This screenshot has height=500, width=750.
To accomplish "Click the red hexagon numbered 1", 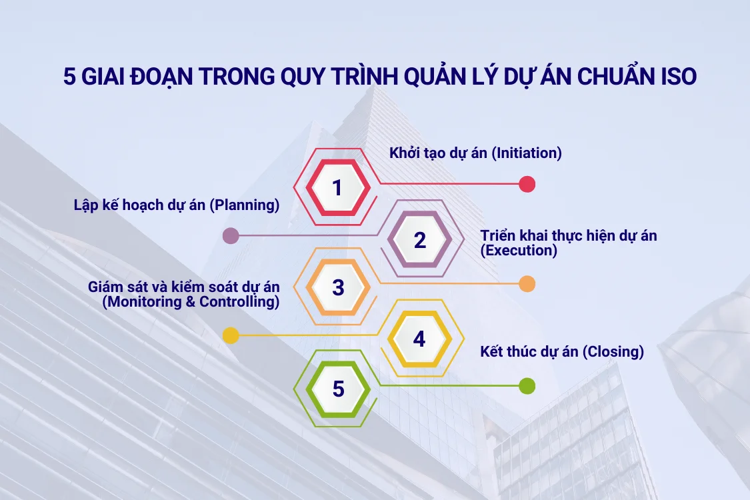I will (x=337, y=188).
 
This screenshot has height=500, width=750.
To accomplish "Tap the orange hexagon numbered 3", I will (x=338, y=287).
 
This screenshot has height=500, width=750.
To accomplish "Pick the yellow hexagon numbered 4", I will (x=419, y=339).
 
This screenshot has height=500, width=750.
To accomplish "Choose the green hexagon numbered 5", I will (x=338, y=389).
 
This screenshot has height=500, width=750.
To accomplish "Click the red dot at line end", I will (x=527, y=184).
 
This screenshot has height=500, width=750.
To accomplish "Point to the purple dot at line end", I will (x=231, y=235).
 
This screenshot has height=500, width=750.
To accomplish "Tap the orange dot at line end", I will (x=527, y=284).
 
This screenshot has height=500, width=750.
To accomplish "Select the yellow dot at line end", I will (x=231, y=335).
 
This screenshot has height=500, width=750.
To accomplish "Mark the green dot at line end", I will (x=527, y=385).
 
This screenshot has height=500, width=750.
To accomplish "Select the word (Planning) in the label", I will (x=244, y=205).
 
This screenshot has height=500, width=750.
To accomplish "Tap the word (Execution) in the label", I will (x=518, y=251).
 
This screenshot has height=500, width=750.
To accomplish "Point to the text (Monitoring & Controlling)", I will (x=191, y=301).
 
